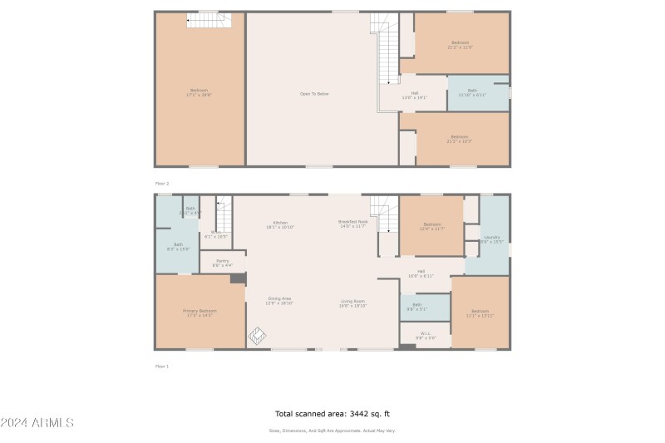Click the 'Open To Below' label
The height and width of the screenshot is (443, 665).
click(314, 94)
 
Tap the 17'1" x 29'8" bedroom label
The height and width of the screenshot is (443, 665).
click(199, 92)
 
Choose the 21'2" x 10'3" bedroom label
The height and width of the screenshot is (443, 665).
click(460, 139)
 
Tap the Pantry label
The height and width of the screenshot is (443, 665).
click(222, 263)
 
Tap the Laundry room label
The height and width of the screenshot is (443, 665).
click(493, 239)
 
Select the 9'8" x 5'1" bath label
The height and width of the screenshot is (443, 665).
click(416, 307)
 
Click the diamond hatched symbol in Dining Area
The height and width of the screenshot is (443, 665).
click(257, 336)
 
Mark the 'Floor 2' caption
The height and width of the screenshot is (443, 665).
click(162, 181)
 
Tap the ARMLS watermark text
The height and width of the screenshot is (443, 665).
click(37, 422)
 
